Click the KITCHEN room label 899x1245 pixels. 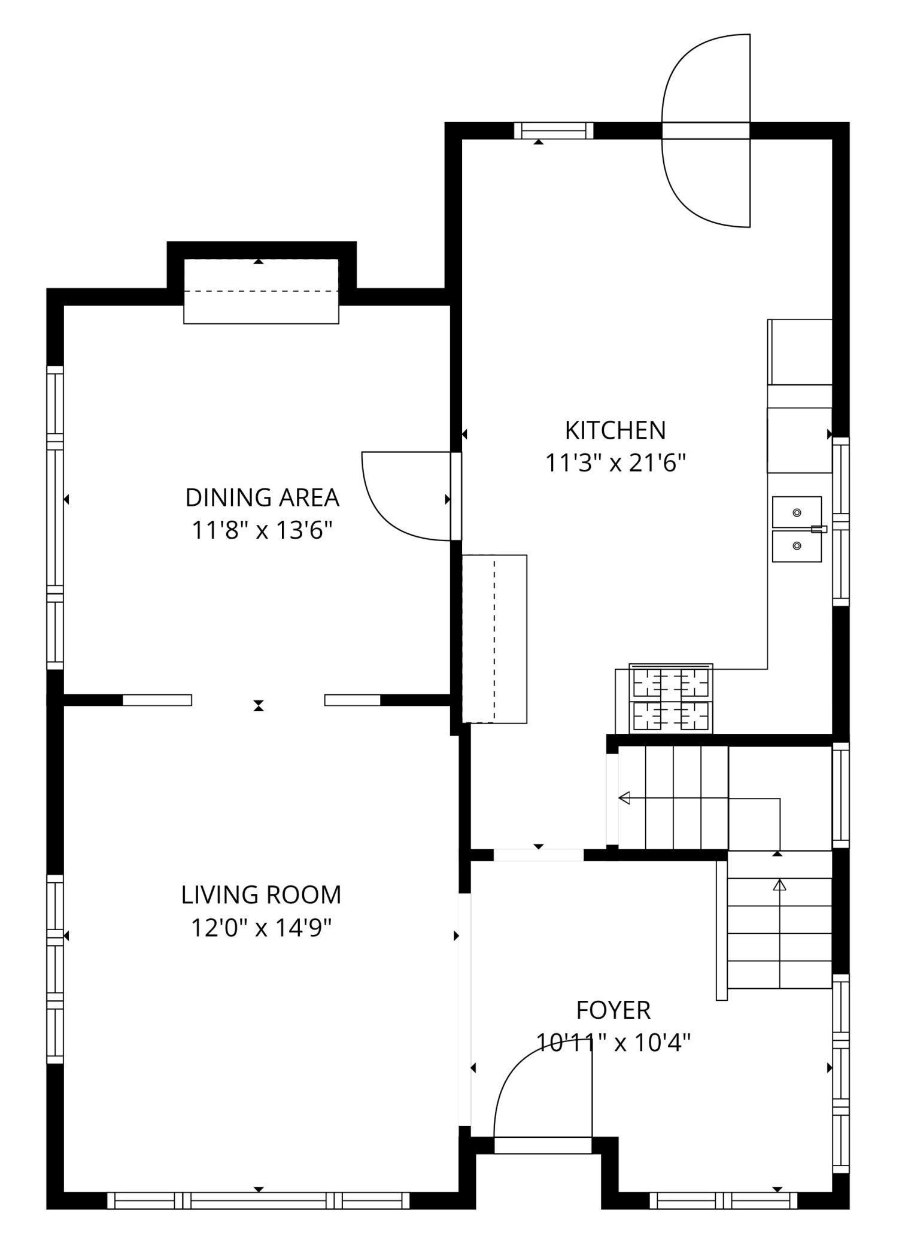coord(615,430)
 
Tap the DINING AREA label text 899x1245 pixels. coord(262,498)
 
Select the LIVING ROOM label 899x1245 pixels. coord(262,895)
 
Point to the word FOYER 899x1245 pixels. coord(613,1010)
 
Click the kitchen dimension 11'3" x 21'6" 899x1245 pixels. coord(615,463)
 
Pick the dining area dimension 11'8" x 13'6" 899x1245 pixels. coord(262,530)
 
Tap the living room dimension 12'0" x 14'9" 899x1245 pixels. coord(262,928)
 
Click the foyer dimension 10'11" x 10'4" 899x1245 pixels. coord(613,1043)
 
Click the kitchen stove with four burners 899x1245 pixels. coord(670,698)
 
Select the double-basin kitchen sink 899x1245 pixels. coord(797,529)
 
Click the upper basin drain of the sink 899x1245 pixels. coord(797,513)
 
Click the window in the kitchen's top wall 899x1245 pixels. coord(554,130)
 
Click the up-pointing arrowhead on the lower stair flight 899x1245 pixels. coord(779,885)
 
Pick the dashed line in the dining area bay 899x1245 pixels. coord(261,291)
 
